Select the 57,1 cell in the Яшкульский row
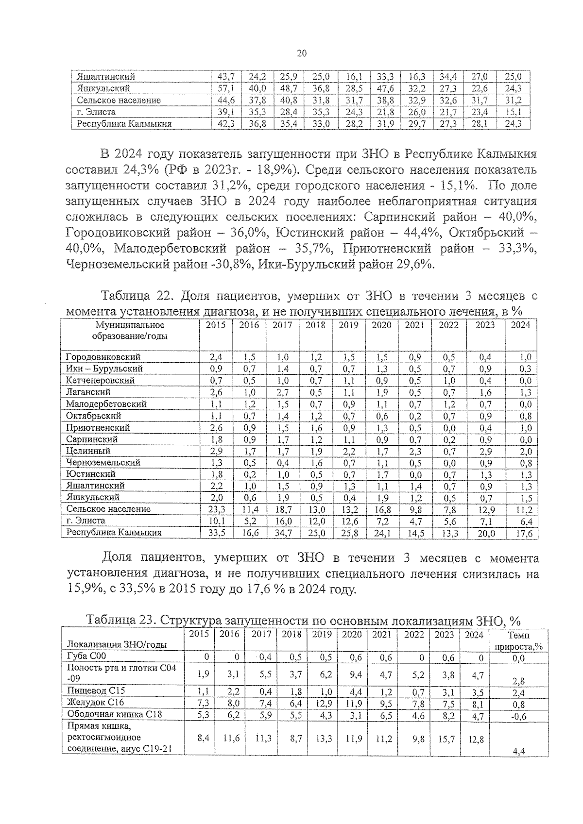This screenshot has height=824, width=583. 226,88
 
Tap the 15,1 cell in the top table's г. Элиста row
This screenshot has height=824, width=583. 513,112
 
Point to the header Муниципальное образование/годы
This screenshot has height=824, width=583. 130,331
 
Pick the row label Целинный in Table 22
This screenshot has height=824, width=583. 88,451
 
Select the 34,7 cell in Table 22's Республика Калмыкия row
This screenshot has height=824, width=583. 282,533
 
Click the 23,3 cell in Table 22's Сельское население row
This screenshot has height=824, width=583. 216,510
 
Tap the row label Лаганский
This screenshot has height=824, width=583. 88,392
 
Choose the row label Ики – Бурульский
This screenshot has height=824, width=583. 104,369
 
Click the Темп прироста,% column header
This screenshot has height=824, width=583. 518,641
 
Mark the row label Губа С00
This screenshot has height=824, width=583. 86,657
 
